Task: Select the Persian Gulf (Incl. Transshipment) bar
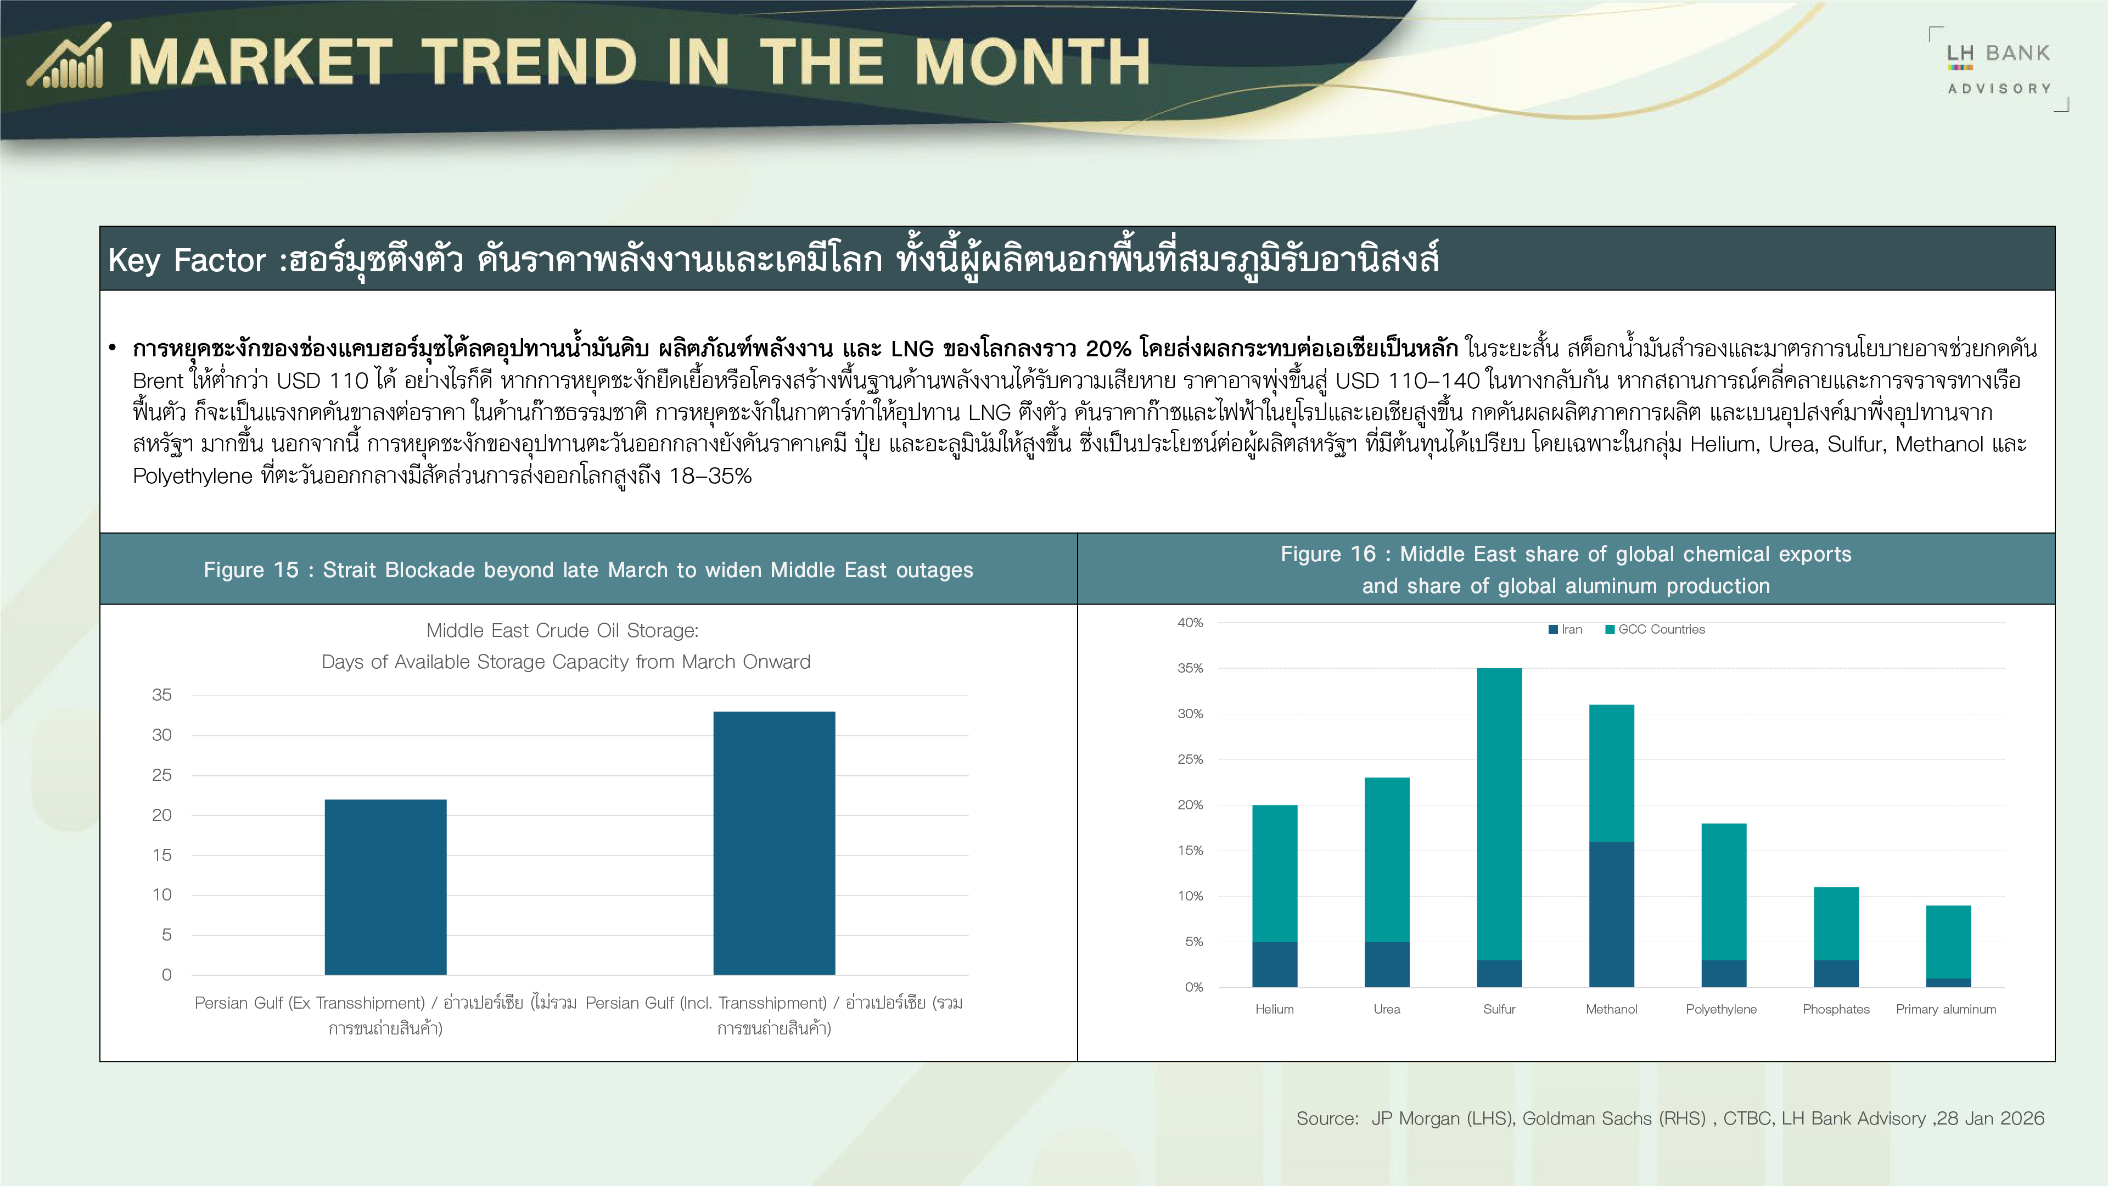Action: coord(774,843)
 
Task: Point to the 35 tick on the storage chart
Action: coord(162,695)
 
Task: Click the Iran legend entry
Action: coord(1566,629)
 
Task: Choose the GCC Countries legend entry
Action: coord(1656,629)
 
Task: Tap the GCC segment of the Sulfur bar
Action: coord(1499,814)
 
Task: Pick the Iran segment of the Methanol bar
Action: coord(1611,914)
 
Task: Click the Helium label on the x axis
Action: coord(1275,1009)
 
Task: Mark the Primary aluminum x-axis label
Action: coord(1946,1009)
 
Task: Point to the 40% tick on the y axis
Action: coord(1190,623)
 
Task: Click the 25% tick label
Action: coord(1190,759)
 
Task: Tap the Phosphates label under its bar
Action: coord(1836,1009)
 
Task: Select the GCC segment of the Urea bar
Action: coord(1387,859)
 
